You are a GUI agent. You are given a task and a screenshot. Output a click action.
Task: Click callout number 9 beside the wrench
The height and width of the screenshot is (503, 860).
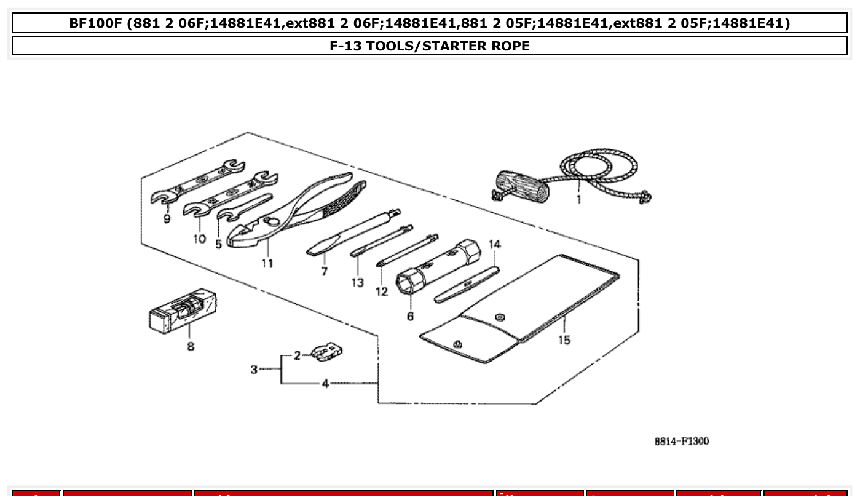click(167, 219)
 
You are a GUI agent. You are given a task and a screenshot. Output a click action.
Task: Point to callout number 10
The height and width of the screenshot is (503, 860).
click(199, 239)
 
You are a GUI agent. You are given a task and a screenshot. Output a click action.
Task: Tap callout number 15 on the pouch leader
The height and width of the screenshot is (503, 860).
click(564, 339)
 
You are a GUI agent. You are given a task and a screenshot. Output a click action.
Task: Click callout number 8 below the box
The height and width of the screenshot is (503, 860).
click(191, 346)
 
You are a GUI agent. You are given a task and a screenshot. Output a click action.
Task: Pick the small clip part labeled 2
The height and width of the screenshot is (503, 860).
click(326, 352)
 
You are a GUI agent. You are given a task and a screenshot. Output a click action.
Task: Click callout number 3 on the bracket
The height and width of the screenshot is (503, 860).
click(254, 370)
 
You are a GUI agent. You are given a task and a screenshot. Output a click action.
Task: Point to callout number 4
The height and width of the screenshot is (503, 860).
click(325, 384)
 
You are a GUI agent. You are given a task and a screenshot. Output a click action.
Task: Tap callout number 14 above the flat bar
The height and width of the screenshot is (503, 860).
click(495, 245)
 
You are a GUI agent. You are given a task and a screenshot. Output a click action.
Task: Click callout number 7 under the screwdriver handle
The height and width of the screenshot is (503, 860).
click(324, 271)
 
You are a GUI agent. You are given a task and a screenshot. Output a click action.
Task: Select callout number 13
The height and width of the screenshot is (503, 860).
click(358, 282)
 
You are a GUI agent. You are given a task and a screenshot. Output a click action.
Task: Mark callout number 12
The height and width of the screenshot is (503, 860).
click(382, 291)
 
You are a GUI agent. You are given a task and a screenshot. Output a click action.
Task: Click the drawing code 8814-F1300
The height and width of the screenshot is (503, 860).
click(681, 441)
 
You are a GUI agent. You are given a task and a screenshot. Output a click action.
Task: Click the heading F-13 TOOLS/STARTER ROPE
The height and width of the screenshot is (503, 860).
click(430, 46)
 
